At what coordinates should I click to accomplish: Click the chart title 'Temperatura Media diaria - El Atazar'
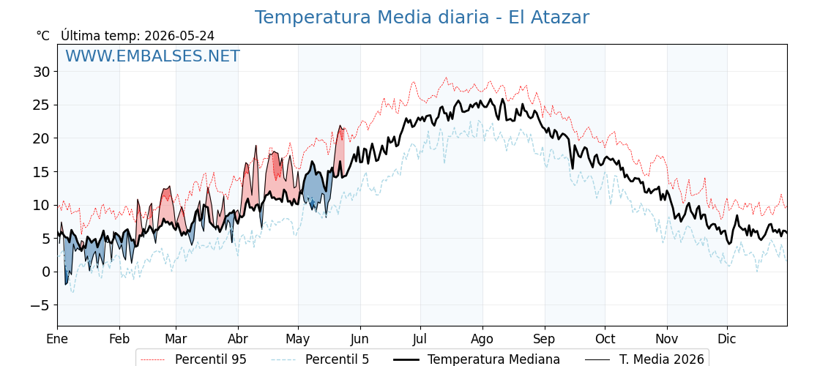(422, 18)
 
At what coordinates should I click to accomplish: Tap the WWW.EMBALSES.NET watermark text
(153, 56)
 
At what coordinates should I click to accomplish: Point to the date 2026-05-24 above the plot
(179, 36)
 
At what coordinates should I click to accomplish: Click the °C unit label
(43, 36)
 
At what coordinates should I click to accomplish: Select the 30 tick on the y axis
(43, 72)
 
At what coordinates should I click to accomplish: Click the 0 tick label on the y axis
(47, 272)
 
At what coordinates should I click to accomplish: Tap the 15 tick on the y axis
(43, 171)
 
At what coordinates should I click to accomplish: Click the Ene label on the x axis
(57, 339)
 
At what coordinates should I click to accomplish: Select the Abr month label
(238, 339)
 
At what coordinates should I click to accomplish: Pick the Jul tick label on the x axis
(420, 339)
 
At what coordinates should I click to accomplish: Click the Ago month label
(482, 340)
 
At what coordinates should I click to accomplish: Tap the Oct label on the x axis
(605, 339)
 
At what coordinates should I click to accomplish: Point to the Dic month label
(727, 339)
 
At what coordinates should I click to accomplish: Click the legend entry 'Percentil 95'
(211, 359)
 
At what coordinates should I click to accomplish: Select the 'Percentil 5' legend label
(337, 359)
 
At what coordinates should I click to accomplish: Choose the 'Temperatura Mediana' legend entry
(493, 359)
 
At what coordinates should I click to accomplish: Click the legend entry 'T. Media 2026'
(662, 359)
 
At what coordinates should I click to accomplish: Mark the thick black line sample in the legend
(406, 359)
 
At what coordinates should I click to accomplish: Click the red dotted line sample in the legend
(153, 359)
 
